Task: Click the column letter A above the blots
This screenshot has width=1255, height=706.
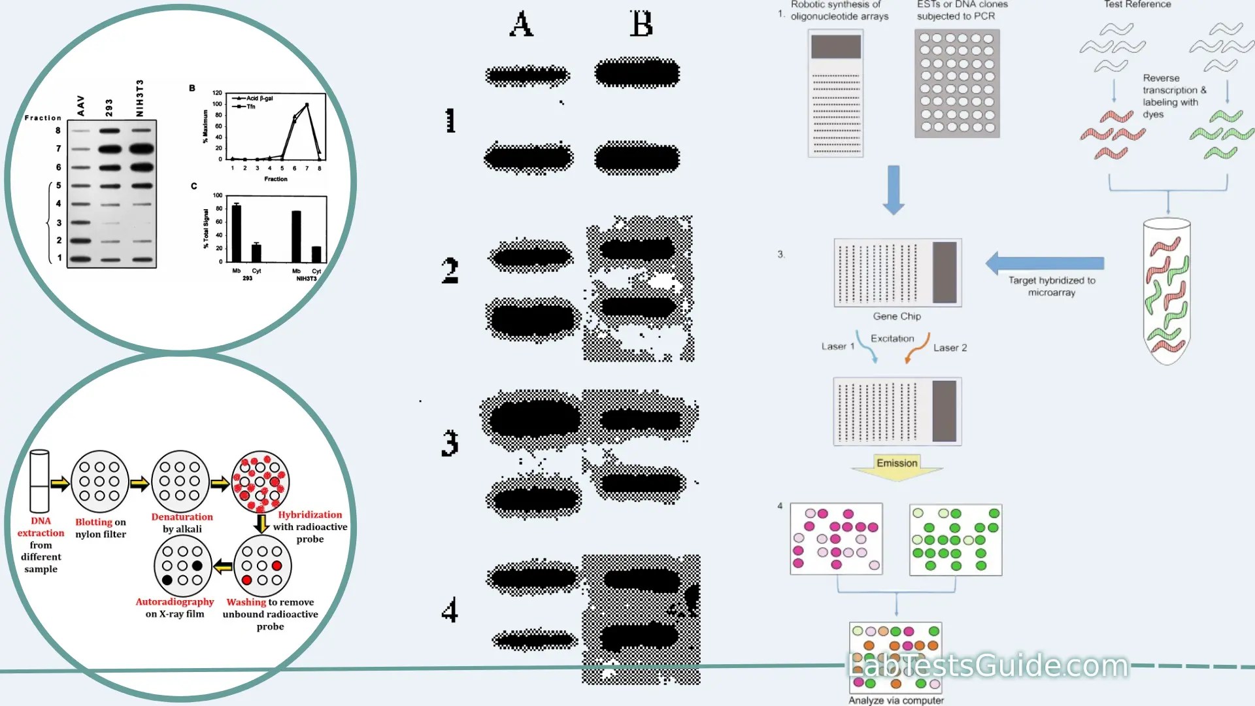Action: click(521, 24)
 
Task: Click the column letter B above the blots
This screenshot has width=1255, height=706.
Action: click(641, 24)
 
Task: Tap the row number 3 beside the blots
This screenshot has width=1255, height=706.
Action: click(450, 443)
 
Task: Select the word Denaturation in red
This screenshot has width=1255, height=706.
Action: click(182, 516)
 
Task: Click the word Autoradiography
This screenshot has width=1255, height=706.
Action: click(175, 601)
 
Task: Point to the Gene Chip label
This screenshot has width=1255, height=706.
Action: click(897, 316)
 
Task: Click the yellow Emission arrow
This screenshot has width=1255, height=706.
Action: click(897, 466)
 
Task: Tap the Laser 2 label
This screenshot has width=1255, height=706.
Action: click(950, 348)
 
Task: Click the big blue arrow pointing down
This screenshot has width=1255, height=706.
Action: click(894, 190)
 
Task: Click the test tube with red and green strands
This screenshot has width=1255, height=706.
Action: click(1167, 291)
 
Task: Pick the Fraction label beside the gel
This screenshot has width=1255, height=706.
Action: click(42, 118)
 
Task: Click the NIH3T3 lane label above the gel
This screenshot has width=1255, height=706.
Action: click(139, 98)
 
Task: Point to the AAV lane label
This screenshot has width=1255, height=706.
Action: click(80, 105)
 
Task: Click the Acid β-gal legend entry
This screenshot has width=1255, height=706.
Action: click(258, 98)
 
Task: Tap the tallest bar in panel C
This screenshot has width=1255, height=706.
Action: click(237, 233)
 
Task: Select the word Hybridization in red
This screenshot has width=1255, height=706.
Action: click(310, 514)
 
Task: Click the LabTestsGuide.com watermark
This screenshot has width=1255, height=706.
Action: click(988, 665)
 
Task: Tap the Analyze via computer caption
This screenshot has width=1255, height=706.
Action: click(896, 700)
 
